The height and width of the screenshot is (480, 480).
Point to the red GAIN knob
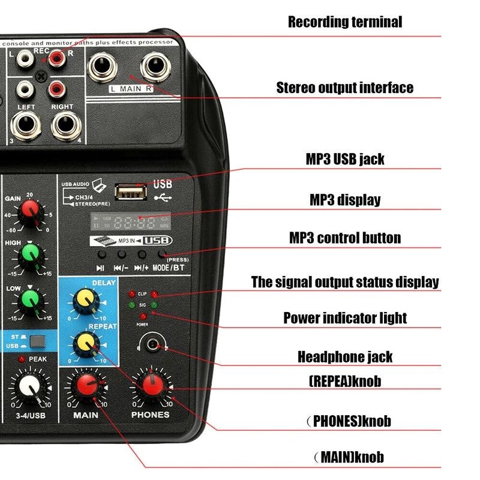pos(29,211)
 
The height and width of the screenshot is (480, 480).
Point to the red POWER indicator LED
pos(143,316)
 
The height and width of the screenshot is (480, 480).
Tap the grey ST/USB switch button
pos(38,342)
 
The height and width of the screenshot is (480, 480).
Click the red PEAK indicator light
pos(22,359)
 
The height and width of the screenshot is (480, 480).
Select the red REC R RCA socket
pos(58,58)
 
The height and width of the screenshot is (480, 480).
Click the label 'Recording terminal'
pos(345,22)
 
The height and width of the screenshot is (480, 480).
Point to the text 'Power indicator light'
pos(345,317)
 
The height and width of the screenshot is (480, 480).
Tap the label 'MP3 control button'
pos(345,238)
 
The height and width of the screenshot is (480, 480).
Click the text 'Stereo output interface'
pos(344,88)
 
